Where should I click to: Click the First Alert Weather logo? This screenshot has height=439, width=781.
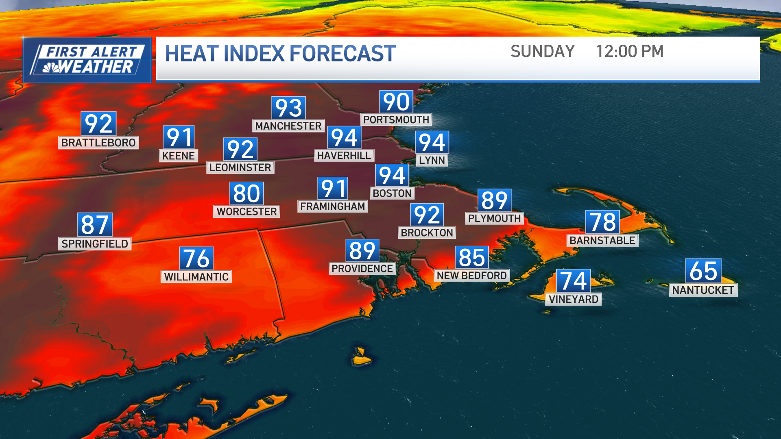[x=87, y=60]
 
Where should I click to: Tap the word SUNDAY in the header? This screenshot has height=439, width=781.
[x=542, y=52]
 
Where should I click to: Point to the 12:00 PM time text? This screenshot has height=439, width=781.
[x=629, y=52]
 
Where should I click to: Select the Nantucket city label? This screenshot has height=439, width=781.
[x=703, y=290]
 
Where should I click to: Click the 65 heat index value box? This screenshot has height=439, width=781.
[x=703, y=271]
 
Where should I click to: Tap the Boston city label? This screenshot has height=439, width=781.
[x=392, y=193]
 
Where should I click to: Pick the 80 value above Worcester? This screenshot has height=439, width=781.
[x=247, y=193]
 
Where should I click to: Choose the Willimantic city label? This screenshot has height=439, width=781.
[x=196, y=277]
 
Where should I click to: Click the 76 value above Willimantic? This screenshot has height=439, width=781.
[x=196, y=259]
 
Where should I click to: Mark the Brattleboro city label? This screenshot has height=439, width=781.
[x=98, y=143]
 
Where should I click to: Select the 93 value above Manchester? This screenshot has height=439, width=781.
[x=288, y=108]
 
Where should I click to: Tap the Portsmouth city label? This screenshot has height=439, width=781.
[x=396, y=120]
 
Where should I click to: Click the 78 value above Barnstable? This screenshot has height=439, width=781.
[x=603, y=222]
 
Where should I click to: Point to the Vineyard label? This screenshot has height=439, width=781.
[x=574, y=299]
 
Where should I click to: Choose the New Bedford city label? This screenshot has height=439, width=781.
[x=472, y=276]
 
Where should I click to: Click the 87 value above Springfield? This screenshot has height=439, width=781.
[x=95, y=225]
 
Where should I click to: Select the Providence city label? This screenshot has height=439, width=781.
[x=362, y=269]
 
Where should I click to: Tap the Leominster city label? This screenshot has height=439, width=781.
[x=240, y=167]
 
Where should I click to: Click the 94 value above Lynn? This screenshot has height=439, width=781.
[x=432, y=143]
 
